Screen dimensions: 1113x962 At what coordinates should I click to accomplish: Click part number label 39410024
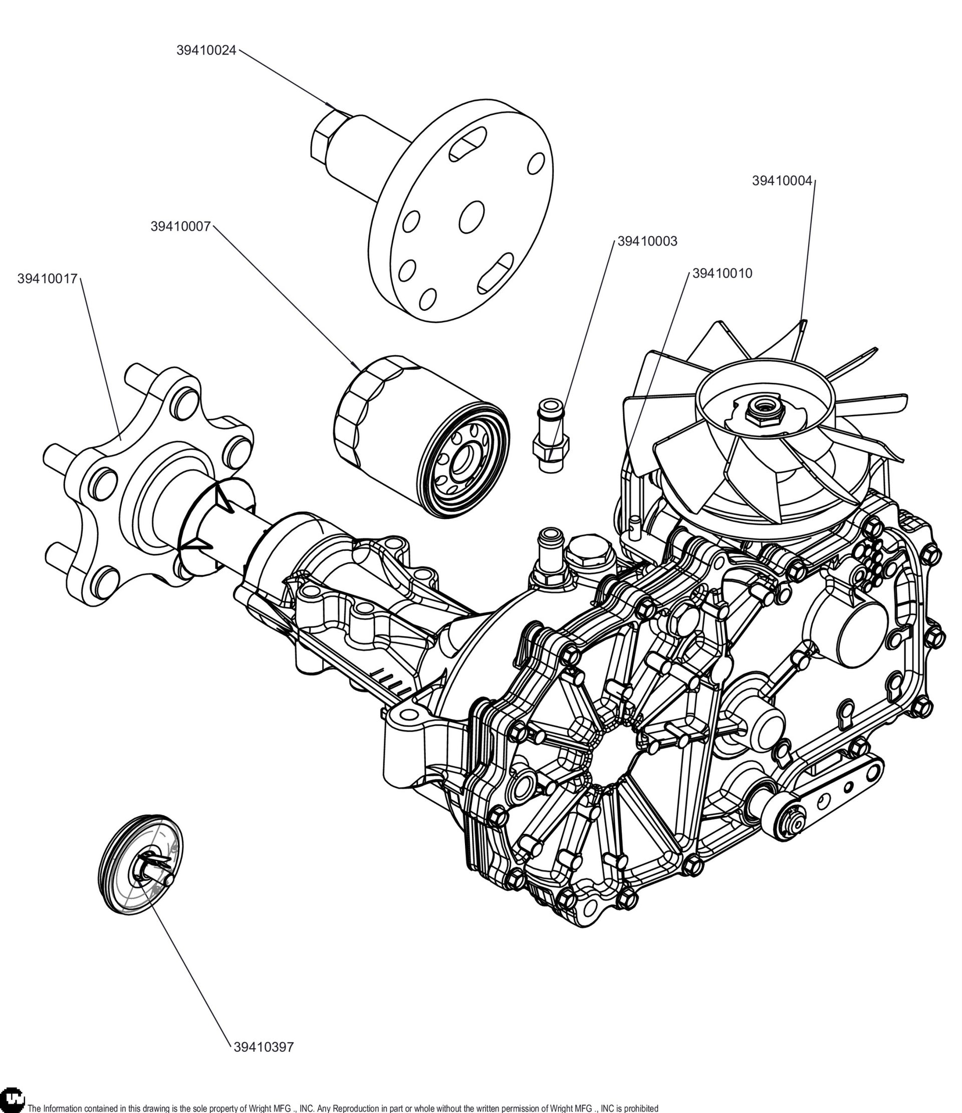tap(206, 51)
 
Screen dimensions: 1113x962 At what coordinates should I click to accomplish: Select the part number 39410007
tap(180, 227)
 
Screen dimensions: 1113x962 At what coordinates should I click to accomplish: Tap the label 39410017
tap(47, 279)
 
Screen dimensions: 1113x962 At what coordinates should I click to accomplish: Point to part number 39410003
tap(647, 242)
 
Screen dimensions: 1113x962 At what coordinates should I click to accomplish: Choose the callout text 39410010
tap(722, 274)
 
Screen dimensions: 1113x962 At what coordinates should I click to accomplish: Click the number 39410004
tap(782, 181)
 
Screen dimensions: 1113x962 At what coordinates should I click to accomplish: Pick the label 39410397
tap(264, 1047)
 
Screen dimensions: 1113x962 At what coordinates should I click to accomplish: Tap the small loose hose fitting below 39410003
tap(551, 435)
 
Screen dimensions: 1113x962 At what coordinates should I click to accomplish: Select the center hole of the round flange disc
tap(471, 217)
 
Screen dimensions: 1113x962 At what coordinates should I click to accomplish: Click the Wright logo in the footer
tap(13, 1101)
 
